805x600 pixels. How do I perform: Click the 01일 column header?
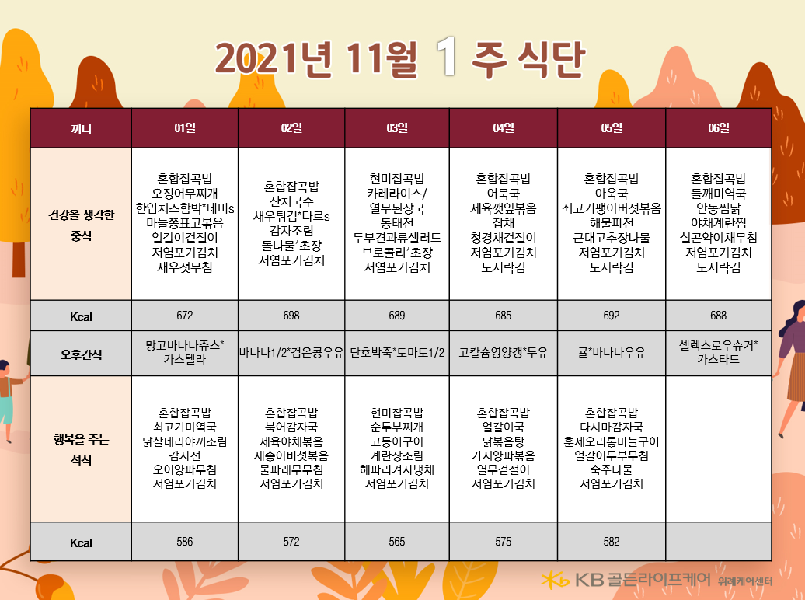(x=185, y=128)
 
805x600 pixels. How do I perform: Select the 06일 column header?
(x=718, y=128)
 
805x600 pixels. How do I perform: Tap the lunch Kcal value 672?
(x=185, y=316)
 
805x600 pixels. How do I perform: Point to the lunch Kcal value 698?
(x=291, y=316)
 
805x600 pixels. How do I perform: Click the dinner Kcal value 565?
(x=397, y=542)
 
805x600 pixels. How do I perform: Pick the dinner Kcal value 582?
(x=612, y=542)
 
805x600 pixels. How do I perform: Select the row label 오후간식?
(x=81, y=354)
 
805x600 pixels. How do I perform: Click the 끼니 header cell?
(x=81, y=128)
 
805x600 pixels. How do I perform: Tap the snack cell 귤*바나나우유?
(x=612, y=352)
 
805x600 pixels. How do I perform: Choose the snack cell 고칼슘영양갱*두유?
(x=504, y=352)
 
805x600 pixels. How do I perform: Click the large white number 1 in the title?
(x=447, y=57)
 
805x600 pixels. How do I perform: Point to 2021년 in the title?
(x=274, y=58)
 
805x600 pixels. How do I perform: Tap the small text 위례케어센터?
(x=745, y=581)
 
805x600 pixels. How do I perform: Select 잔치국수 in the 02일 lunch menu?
(x=291, y=201)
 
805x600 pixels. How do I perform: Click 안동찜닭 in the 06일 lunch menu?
(x=718, y=208)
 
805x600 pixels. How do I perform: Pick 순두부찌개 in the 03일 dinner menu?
(x=397, y=427)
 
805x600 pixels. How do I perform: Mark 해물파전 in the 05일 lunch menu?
(x=612, y=223)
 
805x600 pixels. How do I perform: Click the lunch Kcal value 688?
(x=718, y=316)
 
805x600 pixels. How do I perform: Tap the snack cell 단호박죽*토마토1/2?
(x=397, y=352)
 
